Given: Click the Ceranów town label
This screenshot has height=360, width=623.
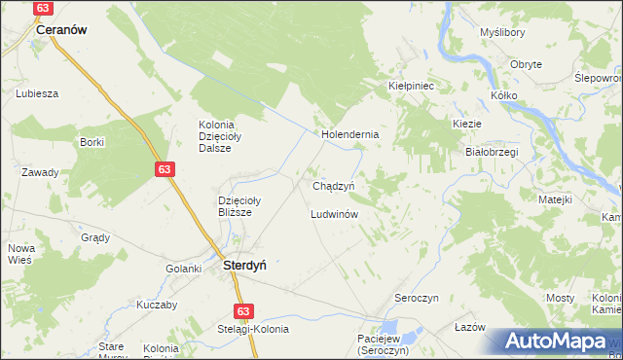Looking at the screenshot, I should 61,30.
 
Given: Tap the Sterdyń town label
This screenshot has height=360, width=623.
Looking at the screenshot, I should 246,264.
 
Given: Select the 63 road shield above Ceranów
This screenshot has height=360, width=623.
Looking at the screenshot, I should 43,8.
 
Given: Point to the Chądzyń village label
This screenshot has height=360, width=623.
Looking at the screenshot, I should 339,185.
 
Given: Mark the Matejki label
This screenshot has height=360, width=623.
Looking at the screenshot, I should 555,198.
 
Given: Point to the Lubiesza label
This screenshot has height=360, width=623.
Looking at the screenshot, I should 38,93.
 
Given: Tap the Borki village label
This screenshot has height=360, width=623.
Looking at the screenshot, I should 92,142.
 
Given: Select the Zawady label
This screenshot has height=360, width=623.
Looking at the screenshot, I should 40,172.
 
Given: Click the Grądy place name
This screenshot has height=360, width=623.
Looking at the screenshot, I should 95,237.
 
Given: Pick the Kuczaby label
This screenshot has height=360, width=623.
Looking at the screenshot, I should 129,305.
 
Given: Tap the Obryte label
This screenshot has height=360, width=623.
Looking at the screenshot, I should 527,64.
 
